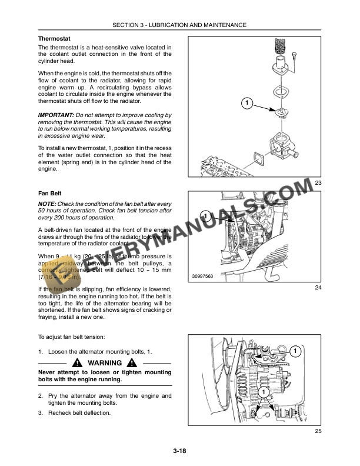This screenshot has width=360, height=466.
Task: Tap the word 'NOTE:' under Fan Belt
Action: pyautogui.click(x=48, y=204)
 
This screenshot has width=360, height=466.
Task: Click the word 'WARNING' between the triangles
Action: pyautogui.click(x=104, y=363)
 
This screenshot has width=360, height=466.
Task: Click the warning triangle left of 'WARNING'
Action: pyautogui.click(x=77, y=363)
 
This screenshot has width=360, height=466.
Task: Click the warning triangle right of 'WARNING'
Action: pyautogui.click(x=134, y=363)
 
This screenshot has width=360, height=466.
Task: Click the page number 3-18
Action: pyautogui.click(x=180, y=451)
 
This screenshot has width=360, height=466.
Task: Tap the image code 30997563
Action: pyautogui.click(x=203, y=276)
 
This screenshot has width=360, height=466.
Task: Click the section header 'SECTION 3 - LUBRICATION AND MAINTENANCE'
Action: pyautogui.click(x=180, y=25)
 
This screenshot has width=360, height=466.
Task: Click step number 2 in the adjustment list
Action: pyautogui.click(x=40, y=396)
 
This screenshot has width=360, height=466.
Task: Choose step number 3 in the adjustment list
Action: pyautogui.click(x=40, y=412)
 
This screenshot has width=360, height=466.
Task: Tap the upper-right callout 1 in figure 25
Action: pyautogui.click(x=296, y=351)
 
